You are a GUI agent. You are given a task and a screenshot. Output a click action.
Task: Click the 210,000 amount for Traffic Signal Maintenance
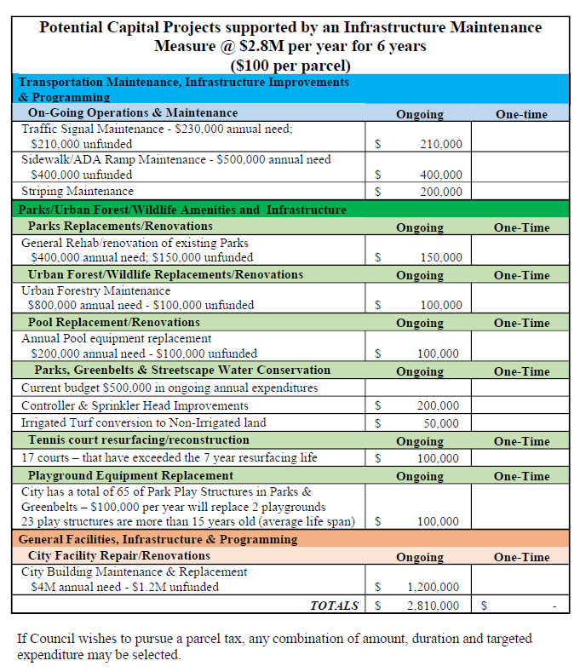(440, 144)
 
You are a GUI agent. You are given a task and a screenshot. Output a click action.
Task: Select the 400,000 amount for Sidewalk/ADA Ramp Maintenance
(440, 175)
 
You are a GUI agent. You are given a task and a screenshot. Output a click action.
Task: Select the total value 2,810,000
(433, 606)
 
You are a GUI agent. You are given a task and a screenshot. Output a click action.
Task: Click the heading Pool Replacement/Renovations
(113, 323)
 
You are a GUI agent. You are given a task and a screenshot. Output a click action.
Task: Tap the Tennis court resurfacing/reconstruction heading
(138, 440)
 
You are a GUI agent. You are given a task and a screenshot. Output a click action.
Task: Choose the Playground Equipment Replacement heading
(130, 475)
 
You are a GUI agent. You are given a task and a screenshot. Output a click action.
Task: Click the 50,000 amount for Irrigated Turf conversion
(443, 423)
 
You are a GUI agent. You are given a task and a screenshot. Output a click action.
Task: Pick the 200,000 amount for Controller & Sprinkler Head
(440, 406)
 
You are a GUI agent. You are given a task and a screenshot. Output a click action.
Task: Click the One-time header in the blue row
(521, 114)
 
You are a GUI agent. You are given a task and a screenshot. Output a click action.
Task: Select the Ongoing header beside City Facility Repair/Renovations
(419, 557)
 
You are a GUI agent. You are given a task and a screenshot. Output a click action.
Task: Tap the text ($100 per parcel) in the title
(290, 64)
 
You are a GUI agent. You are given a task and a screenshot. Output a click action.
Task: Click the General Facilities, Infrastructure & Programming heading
(158, 539)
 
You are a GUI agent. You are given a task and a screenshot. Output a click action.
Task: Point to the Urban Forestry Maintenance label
(95, 290)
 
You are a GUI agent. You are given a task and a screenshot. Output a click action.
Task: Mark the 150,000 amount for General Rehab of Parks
(440, 257)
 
